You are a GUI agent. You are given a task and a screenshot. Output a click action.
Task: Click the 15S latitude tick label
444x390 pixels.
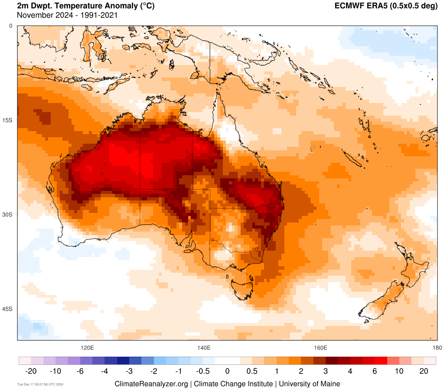[8, 120]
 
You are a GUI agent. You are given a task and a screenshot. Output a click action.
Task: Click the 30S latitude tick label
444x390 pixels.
[8, 214]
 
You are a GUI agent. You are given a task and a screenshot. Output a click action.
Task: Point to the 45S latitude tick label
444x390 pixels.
[8, 309]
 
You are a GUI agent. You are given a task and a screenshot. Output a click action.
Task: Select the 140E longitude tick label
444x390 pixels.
[204, 348]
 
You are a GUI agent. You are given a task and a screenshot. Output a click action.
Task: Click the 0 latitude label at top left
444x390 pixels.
[11, 26]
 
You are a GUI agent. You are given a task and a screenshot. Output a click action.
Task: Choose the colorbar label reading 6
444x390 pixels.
[375, 371]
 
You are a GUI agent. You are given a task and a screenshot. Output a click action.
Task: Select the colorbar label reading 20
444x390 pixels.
[424, 371]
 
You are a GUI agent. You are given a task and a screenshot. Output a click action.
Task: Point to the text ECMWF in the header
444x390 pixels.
[349, 6]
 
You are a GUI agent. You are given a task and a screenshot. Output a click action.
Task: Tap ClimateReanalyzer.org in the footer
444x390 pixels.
[151, 384]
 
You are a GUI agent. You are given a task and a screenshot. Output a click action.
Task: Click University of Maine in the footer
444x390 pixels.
[309, 384]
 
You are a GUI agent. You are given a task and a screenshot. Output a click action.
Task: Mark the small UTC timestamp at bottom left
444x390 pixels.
[40, 384]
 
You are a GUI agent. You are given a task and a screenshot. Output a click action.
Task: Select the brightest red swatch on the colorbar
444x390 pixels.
[381, 361]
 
